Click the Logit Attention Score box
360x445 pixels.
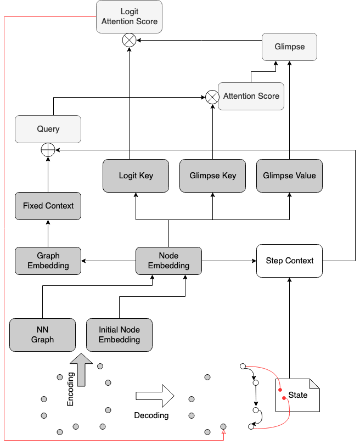click(130, 16)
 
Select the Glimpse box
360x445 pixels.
click(289, 47)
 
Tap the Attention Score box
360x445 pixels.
click(251, 96)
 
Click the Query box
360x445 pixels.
click(48, 129)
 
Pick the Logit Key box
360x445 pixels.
click(136, 176)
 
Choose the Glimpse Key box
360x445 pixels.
click(212, 176)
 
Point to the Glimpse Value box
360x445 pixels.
click(289, 176)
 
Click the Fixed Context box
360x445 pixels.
click(48, 206)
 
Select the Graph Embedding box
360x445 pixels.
click(48, 261)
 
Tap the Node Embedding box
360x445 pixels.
click(168, 261)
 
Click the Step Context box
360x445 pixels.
click(289, 261)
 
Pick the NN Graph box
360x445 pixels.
click(42, 335)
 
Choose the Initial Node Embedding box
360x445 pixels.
click(119, 335)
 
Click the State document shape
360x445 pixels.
click(297, 395)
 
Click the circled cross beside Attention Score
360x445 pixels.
click(212, 97)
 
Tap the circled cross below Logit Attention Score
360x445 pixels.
click(130, 40)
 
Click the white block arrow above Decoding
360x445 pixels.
click(154, 395)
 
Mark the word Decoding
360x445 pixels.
click(151, 415)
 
